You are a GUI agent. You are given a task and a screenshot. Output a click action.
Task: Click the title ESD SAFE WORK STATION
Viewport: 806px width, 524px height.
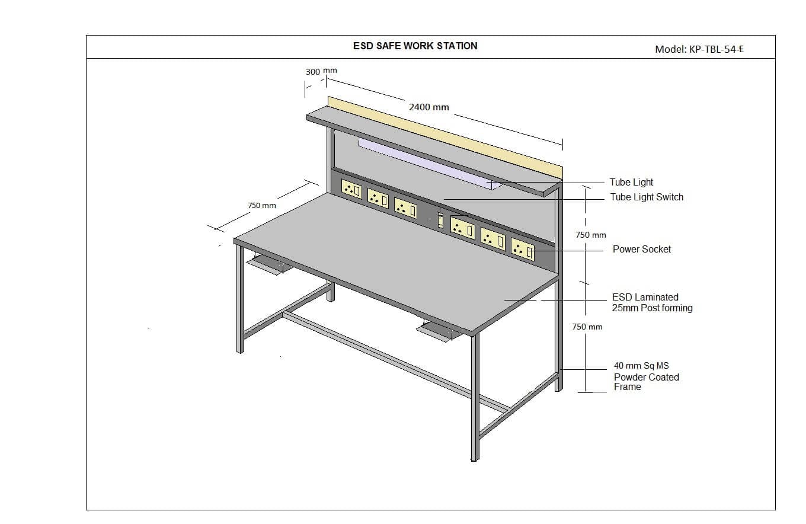[415, 46]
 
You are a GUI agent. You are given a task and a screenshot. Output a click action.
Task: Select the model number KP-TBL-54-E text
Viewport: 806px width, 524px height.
[699, 49]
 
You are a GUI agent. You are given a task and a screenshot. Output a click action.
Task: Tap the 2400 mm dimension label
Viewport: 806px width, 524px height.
[428, 107]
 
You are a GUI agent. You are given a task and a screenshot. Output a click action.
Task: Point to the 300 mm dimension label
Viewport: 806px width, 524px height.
[321, 71]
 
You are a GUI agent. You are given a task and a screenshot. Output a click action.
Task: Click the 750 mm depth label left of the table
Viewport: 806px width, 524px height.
[261, 205]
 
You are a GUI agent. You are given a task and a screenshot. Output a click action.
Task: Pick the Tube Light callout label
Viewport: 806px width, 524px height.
[631, 182]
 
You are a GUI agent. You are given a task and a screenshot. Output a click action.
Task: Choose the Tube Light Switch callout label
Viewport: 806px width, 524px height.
[647, 197]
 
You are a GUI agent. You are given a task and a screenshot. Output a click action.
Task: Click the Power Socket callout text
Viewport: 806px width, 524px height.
[642, 249]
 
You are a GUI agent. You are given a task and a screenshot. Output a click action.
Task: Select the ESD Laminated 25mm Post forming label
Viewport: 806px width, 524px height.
[652, 302]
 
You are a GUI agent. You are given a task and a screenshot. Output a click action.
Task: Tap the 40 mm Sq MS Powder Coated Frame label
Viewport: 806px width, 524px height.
[646, 376]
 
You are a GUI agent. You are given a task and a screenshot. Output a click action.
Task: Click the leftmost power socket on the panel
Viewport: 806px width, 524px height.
[351, 189]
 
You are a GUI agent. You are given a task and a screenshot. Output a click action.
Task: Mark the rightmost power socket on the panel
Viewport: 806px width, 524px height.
[522, 250]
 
